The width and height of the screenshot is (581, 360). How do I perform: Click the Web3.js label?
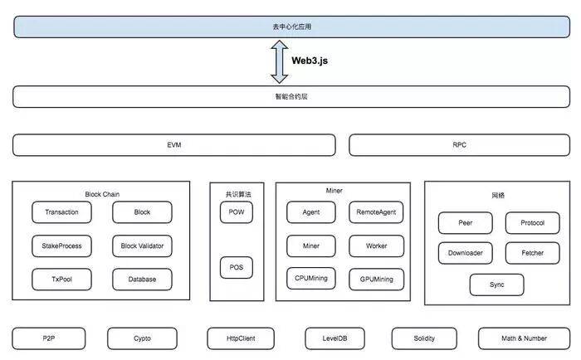(310, 61)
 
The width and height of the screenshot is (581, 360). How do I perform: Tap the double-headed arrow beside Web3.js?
(280, 61)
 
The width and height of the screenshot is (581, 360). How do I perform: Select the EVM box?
(174, 145)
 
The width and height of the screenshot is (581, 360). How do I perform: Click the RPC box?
(460, 145)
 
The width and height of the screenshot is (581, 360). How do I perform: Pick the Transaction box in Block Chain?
(61, 212)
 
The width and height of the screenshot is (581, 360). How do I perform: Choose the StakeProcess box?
(61, 246)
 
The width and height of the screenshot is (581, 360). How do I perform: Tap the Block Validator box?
(142, 246)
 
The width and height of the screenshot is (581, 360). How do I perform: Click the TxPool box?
(61, 280)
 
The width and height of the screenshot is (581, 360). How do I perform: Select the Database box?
(142, 280)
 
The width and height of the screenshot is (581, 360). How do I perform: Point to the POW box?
(237, 212)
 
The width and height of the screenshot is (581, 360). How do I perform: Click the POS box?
(237, 267)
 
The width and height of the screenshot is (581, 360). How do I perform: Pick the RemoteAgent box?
(377, 212)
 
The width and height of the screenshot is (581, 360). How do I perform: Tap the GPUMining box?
(377, 280)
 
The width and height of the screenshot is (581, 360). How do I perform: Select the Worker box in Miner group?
(377, 246)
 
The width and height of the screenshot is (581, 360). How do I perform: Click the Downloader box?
(466, 253)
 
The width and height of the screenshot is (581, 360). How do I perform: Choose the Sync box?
(497, 285)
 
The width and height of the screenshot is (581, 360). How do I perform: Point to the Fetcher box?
(533, 253)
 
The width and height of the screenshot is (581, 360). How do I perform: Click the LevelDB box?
(335, 338)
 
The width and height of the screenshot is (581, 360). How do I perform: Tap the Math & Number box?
(525, 338)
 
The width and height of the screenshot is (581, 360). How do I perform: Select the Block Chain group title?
(102, 194)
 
